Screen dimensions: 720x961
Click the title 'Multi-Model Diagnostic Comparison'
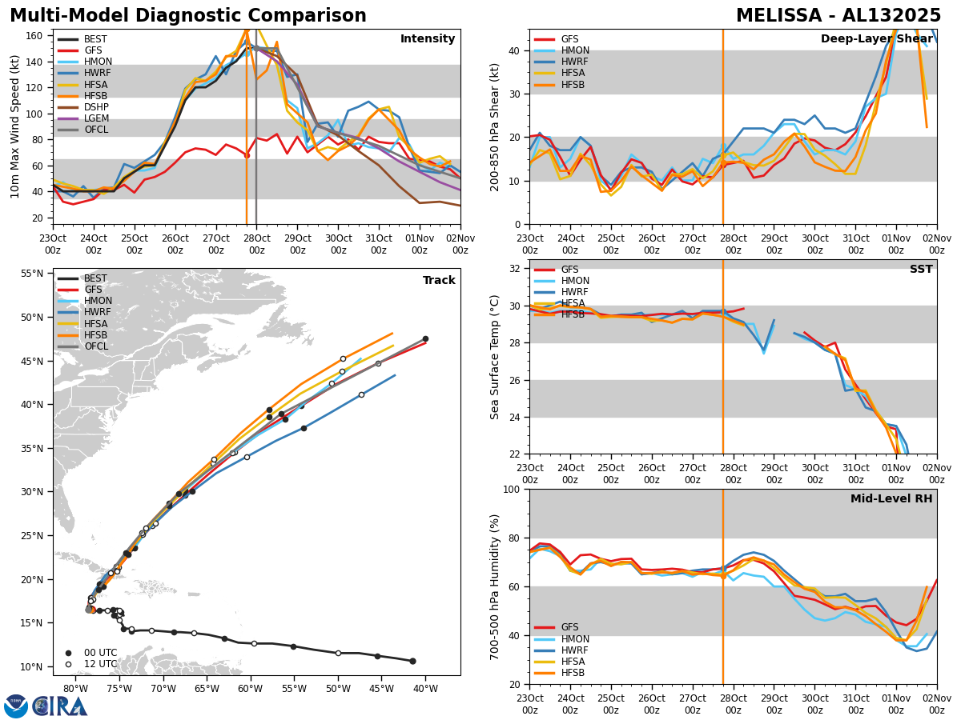pos(188,16)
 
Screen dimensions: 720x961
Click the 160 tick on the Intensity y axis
pos(37,35)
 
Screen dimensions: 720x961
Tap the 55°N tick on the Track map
pos(32,274)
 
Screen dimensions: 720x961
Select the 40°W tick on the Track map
pos(425,689)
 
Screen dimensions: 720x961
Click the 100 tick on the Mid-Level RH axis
pos(513,489)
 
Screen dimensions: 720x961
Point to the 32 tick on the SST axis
pos(517,269)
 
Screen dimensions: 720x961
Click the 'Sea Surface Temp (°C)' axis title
pos(495,357)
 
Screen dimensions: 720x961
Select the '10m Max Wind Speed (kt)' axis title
pos(15,126)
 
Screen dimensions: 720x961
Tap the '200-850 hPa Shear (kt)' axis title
pos(495,126)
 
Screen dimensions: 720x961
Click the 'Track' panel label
pos(439,281)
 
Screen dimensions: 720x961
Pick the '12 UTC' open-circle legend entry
pos(100,664)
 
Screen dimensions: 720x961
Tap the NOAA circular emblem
pos(16,706)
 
